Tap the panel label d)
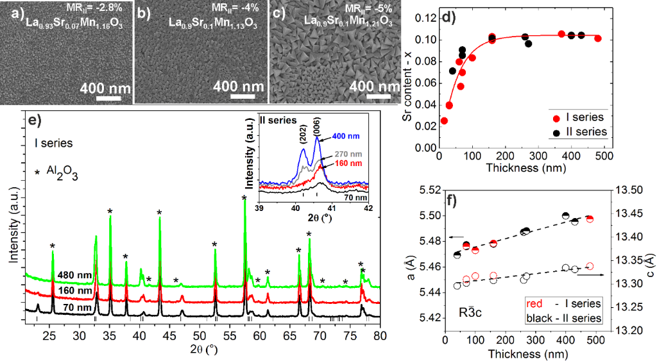tap(448, 17)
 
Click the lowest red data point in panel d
tap(444, 121)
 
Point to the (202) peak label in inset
tap(303, 136)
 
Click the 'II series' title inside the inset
tap(278, 120)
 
